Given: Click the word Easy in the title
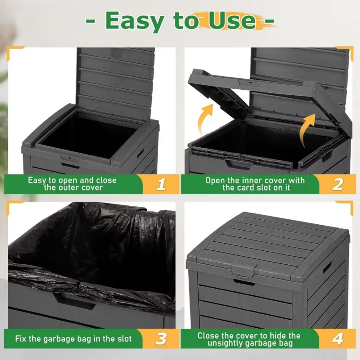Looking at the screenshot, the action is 135,21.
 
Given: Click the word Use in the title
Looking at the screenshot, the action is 232,21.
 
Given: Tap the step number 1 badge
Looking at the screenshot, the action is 161,184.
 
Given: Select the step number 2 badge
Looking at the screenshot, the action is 337,184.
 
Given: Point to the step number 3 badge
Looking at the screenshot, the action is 161,339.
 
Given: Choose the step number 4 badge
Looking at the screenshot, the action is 337,339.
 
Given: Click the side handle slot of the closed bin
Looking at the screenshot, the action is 327,267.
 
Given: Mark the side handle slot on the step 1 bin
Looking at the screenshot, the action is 141,153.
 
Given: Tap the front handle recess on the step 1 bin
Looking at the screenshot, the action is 70,165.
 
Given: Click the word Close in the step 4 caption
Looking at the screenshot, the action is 208,336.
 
